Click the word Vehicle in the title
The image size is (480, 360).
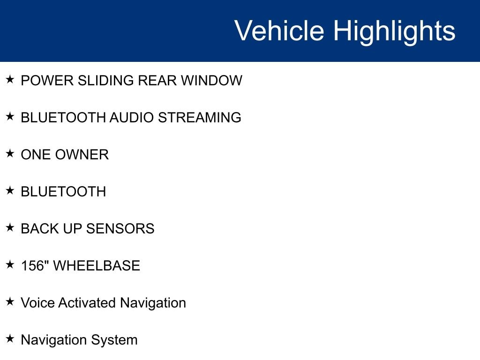click(x=279, y=31)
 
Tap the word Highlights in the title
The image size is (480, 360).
click(x=394, y=31)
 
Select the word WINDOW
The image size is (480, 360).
click(x=211, y=81)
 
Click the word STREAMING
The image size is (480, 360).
click(x=199, y=118)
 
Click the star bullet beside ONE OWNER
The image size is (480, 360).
click(x=10, y=154)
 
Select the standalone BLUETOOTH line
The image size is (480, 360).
click(x=63, y=192)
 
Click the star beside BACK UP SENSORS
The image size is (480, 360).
click(x=10, y=228)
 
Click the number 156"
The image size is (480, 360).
click(x=35, y=266)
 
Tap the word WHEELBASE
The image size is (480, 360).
click(x=97, y=266)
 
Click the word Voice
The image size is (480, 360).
click(x=37, y=303)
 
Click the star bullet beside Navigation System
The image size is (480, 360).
click(x=10, y=339)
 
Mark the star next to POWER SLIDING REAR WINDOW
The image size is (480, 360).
click(x=10, y=80)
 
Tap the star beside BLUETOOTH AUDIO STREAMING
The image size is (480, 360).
click(x=10, y=117)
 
